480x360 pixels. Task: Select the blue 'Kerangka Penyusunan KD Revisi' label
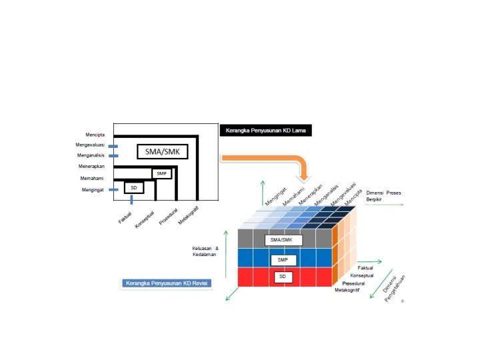165,283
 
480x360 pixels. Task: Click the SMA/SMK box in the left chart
163,151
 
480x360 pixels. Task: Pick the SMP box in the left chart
161,173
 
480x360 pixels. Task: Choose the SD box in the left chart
133,188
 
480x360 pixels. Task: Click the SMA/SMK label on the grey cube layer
283,240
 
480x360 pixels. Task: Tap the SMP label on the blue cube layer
283,259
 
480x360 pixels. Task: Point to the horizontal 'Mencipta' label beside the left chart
86,135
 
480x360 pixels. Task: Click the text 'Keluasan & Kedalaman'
205,252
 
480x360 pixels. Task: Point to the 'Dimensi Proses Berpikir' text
383,196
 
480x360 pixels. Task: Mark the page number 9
403,301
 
